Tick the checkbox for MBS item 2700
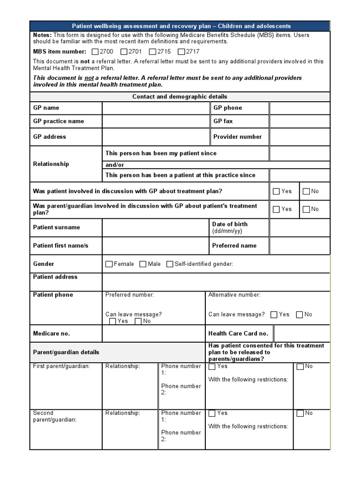tap(95, 52)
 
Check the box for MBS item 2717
tap(182, 52)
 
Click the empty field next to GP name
tap(155, 108)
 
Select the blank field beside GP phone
tap(299, 108)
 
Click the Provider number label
tap(237, 137)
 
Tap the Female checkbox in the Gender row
tap(109, 264)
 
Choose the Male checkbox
tap(143, 264)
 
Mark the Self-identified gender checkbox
tap(170, 264)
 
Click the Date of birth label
tap(230, 225)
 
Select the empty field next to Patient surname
tap(155, 228)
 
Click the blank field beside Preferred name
tap(299, 246)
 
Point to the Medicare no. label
tap(52, 334)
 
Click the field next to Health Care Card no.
tap(301, 334)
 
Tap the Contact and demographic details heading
tap(180, 97)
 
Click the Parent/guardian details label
tap(66, 352)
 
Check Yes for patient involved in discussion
tap(276, 191)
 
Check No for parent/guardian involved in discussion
tap(306, 210)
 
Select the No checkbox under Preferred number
tap(138, 322)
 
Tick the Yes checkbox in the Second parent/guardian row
tap(212, 413)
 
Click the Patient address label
tap(55, 277)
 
